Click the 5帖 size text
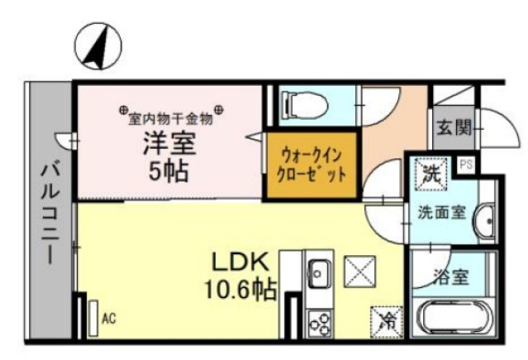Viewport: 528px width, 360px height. point(168,172)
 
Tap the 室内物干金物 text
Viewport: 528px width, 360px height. point(171,117)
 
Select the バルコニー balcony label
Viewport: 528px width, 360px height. point(49,211)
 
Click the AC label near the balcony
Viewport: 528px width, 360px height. point(108,317)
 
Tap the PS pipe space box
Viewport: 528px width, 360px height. point(467,164)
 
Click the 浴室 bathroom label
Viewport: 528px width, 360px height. point(449,276)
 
